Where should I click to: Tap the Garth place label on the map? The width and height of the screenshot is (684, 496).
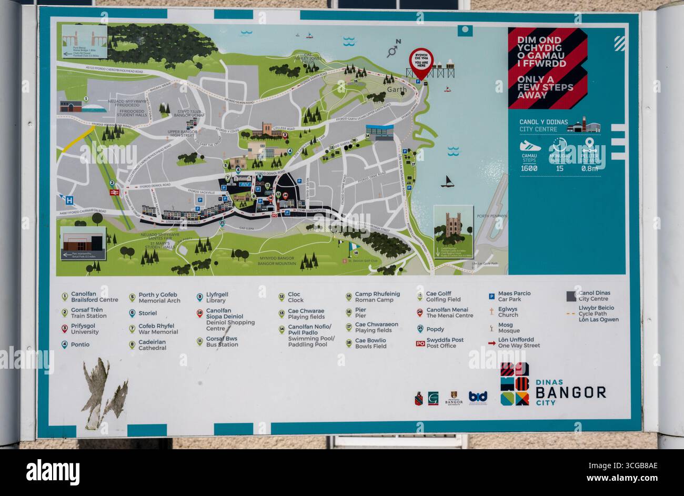click(x=397, y=90)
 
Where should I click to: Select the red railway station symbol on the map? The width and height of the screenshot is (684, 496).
click(x=113, y=193)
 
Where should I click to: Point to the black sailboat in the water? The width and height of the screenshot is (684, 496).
click(x=447, y=181)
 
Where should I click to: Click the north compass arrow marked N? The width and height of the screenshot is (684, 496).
click(x=393, y=49)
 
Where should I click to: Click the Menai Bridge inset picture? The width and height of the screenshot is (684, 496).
click(x=85, y=41)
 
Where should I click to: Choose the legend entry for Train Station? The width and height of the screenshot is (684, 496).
click(x=88, y=313)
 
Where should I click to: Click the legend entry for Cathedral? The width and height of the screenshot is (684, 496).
click(x=152, y=345)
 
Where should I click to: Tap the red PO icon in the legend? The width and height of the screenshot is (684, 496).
click(x=420, y=343)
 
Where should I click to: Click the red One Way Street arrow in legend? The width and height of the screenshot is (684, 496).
click(x=491, y=343)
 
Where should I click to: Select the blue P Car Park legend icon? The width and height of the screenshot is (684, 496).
click(x=491, y=296)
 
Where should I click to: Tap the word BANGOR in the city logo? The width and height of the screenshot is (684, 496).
click(x=570, y=392)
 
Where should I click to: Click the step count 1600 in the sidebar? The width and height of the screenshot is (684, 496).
click(x=529, y=168)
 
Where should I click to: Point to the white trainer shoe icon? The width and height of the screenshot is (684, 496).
click(x=530, y=146)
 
